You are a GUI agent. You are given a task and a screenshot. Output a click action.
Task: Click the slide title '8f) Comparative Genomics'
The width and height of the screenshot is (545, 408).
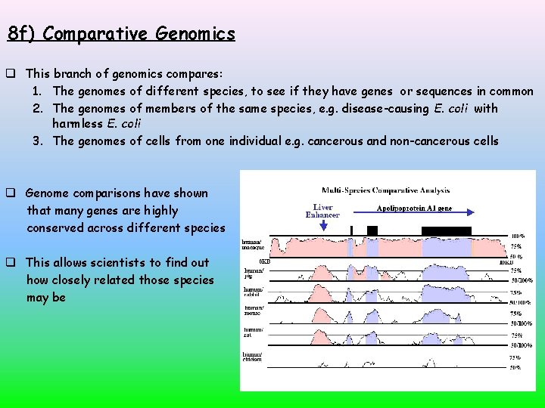tap(121, 34)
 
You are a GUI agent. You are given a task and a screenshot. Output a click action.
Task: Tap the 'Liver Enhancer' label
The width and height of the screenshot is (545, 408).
tap(323, 210)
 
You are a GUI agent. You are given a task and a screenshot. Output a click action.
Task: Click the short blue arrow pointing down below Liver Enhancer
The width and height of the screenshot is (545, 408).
tap(324, 224)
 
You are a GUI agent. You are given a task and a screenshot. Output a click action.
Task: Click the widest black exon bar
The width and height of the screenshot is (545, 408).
tap(447, 230)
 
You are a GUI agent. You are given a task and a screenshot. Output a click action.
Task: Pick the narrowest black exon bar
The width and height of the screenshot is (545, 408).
tap(351, 230)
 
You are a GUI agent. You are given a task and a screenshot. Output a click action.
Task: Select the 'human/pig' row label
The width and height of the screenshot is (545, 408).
tap(253, 272)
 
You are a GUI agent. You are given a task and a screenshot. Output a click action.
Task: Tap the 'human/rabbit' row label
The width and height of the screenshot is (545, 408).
tap(253, 292)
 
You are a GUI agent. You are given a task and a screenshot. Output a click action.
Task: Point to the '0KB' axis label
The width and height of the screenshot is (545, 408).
tap(265, 261)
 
